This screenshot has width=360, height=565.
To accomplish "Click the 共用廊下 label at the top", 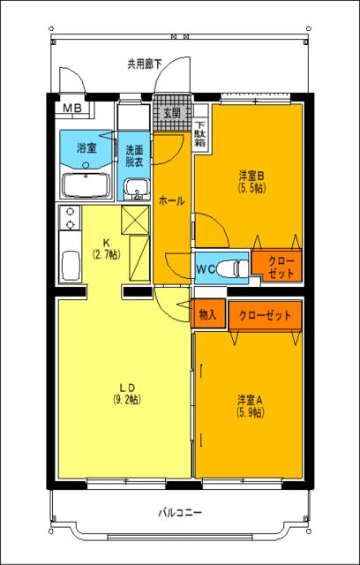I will coord(145,64).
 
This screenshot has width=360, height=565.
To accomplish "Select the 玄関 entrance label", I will coord(171,113).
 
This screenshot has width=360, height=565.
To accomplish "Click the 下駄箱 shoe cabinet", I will coord(200,132).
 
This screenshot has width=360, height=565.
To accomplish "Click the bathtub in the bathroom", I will coord(86,185).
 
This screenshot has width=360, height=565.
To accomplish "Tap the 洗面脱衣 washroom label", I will coord(135,155).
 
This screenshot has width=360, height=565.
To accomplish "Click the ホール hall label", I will coord(171,200).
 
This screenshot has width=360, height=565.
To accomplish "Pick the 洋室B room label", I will coord(251,173).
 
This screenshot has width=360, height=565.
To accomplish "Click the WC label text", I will coord(206,267).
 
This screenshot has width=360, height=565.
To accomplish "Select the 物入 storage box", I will coord(207,314).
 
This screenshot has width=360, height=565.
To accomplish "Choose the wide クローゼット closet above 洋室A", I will coord(265,314).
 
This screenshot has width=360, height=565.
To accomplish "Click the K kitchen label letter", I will coord(105,243).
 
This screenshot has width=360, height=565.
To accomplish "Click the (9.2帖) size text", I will coord(126,398).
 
